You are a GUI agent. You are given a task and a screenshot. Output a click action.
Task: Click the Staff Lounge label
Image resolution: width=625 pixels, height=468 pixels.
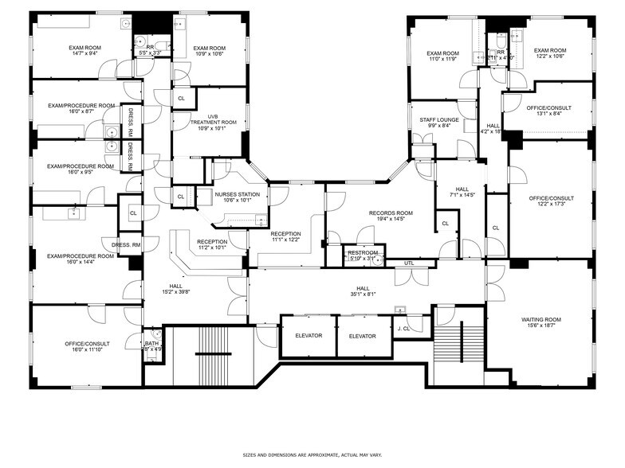click(435, 123)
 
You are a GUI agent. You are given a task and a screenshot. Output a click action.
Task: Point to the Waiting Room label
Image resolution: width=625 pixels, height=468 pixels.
click(541, 322)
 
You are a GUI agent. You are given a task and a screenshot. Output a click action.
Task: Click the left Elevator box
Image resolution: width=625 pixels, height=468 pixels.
click(309, 336)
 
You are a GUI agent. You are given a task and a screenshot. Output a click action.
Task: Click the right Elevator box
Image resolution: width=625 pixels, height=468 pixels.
click(362, 336)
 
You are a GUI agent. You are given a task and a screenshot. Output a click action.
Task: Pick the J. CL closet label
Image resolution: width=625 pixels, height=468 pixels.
click(404, 328)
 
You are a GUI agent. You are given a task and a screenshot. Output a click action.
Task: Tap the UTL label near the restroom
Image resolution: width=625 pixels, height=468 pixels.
click(409, 263)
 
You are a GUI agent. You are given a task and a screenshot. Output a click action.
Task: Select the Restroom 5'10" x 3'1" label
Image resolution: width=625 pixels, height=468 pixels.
click(363, 255)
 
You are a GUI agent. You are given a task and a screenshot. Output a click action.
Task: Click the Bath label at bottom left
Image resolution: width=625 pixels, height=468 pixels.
click(151, 345)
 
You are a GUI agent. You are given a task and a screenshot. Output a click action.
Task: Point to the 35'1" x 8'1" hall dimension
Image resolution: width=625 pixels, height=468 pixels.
click(363, 294)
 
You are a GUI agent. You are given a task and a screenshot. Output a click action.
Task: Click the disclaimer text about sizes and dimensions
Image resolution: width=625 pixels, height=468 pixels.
click(312, 455)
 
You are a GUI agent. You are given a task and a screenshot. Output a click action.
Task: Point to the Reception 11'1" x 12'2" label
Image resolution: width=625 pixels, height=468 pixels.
click(286, 236)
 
